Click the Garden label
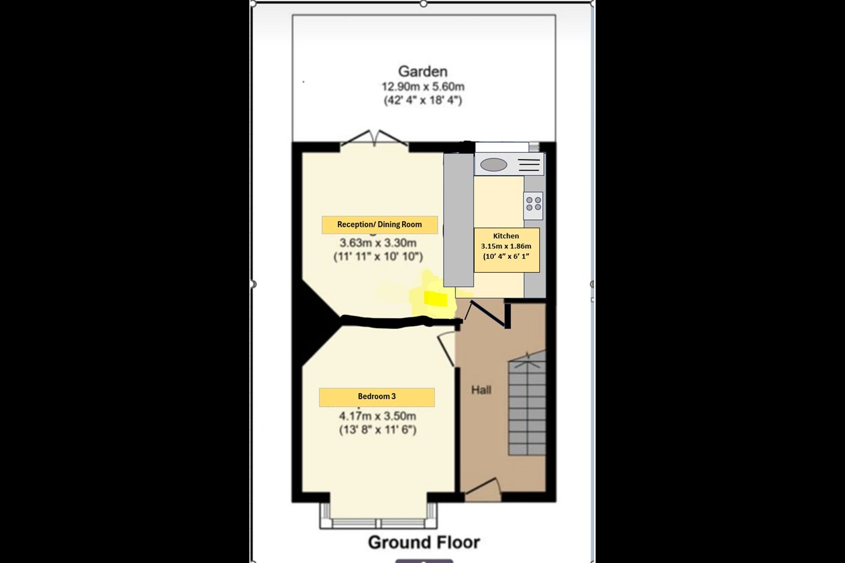click(x=423, y=72)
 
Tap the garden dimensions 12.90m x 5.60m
click(x=423, y=87)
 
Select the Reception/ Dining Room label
click(x=380, y=225)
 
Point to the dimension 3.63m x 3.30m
click(x=378, y=242)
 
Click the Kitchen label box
click(x=506, y=250)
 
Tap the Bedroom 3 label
click(x=377, y=397)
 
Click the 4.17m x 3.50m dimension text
click(x=378, y=416)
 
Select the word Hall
click(x=481, y=390)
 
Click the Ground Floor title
click(x=424, y=542)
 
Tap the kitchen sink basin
click(x=494, y=165)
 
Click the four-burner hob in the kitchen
click(x=533, y=205)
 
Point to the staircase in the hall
click(x=527, y=403)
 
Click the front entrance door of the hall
click(x=483, y=490)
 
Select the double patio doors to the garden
click(x=374, y=138)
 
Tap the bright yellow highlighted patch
click(x=435, y=299)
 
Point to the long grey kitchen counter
click(x=458, y=220)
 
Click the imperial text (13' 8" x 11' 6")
click(x=378, y=430)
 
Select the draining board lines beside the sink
click(x=529, y=165)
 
